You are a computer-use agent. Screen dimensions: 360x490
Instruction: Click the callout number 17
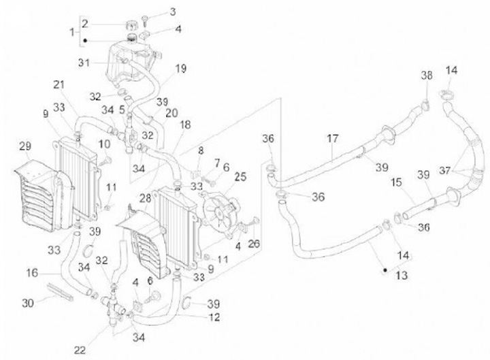pos(332,137)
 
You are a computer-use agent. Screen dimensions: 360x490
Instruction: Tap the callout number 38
pos(426,75)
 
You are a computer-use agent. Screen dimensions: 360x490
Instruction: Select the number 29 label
pos(25,147)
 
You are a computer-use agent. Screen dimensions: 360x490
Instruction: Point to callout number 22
pos(80,350)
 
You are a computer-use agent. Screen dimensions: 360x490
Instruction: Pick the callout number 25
pos(240,176)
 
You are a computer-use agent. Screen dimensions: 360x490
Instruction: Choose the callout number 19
pos(180,68)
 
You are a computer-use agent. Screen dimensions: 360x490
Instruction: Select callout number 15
pos(396,183)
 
